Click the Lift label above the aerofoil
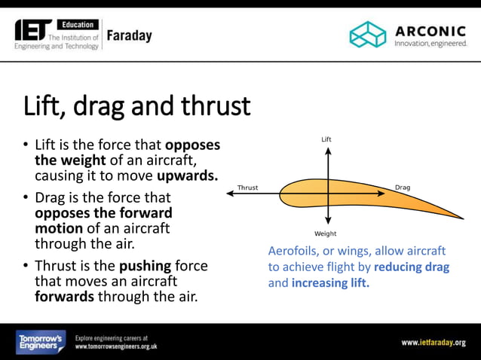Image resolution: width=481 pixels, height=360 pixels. pyautogui.click(x=326, y=139)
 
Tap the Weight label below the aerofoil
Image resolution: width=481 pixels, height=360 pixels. pyautogui.click(x=326, y=234)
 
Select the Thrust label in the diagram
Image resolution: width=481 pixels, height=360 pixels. pyautogui.click(x=247, y=188)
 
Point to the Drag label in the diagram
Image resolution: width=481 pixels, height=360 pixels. pyautogui.click(x=403, y=187)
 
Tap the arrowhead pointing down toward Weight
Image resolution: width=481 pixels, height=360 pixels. pyautogui.click(x=327, y=224)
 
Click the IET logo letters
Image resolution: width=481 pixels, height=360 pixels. pyautogui.click(x=33, y=29)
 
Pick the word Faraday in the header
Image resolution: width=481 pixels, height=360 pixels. pyautogui.click(x=129, y=35)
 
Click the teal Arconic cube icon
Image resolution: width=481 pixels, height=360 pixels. pyautogui.click(x=367, y=34)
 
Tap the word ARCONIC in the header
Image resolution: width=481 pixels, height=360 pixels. pyautogui.click(x=430, y=30)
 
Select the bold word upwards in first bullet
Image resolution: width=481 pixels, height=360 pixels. pyautogui.click(x=188, y=175)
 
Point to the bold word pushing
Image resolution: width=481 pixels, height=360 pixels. pyautogui.click(x=146, y=266)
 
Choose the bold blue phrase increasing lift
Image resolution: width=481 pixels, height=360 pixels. pyautogui.click(x=330, y=283)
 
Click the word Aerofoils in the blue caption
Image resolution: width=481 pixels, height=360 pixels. pyautogui.click(x=292, y=251)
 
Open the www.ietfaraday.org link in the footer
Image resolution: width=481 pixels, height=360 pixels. pyautogui.click(x=433, y=343)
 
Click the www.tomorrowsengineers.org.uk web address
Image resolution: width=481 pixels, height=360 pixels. pyautogui.click(x=116, y=347)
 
